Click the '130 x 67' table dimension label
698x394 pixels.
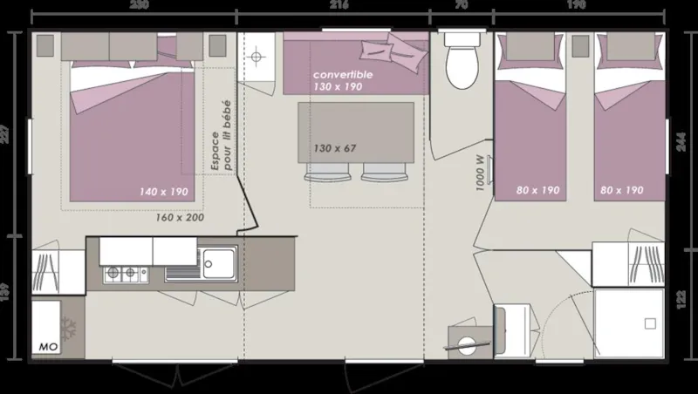[x=334, y=148]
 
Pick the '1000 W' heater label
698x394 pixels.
[x=481, y=172]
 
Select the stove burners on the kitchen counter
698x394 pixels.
[x=123, y=273]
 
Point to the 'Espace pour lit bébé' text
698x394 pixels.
[x=222, y=131]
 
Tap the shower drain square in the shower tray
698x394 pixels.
[x=649, y=323]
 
